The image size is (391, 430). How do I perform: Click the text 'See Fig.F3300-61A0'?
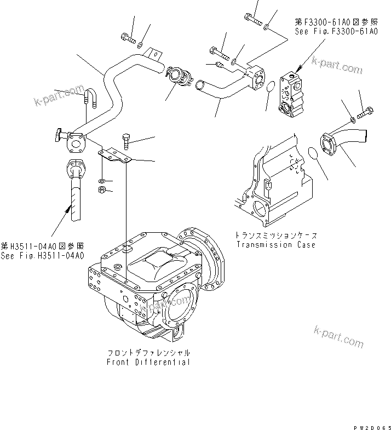(336, 32)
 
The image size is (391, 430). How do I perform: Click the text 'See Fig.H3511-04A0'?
(42, 255)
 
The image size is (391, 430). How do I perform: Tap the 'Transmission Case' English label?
(275, 245)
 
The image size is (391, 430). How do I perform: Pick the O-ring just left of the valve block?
(271, 85)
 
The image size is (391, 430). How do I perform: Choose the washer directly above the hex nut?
(102, 180)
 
